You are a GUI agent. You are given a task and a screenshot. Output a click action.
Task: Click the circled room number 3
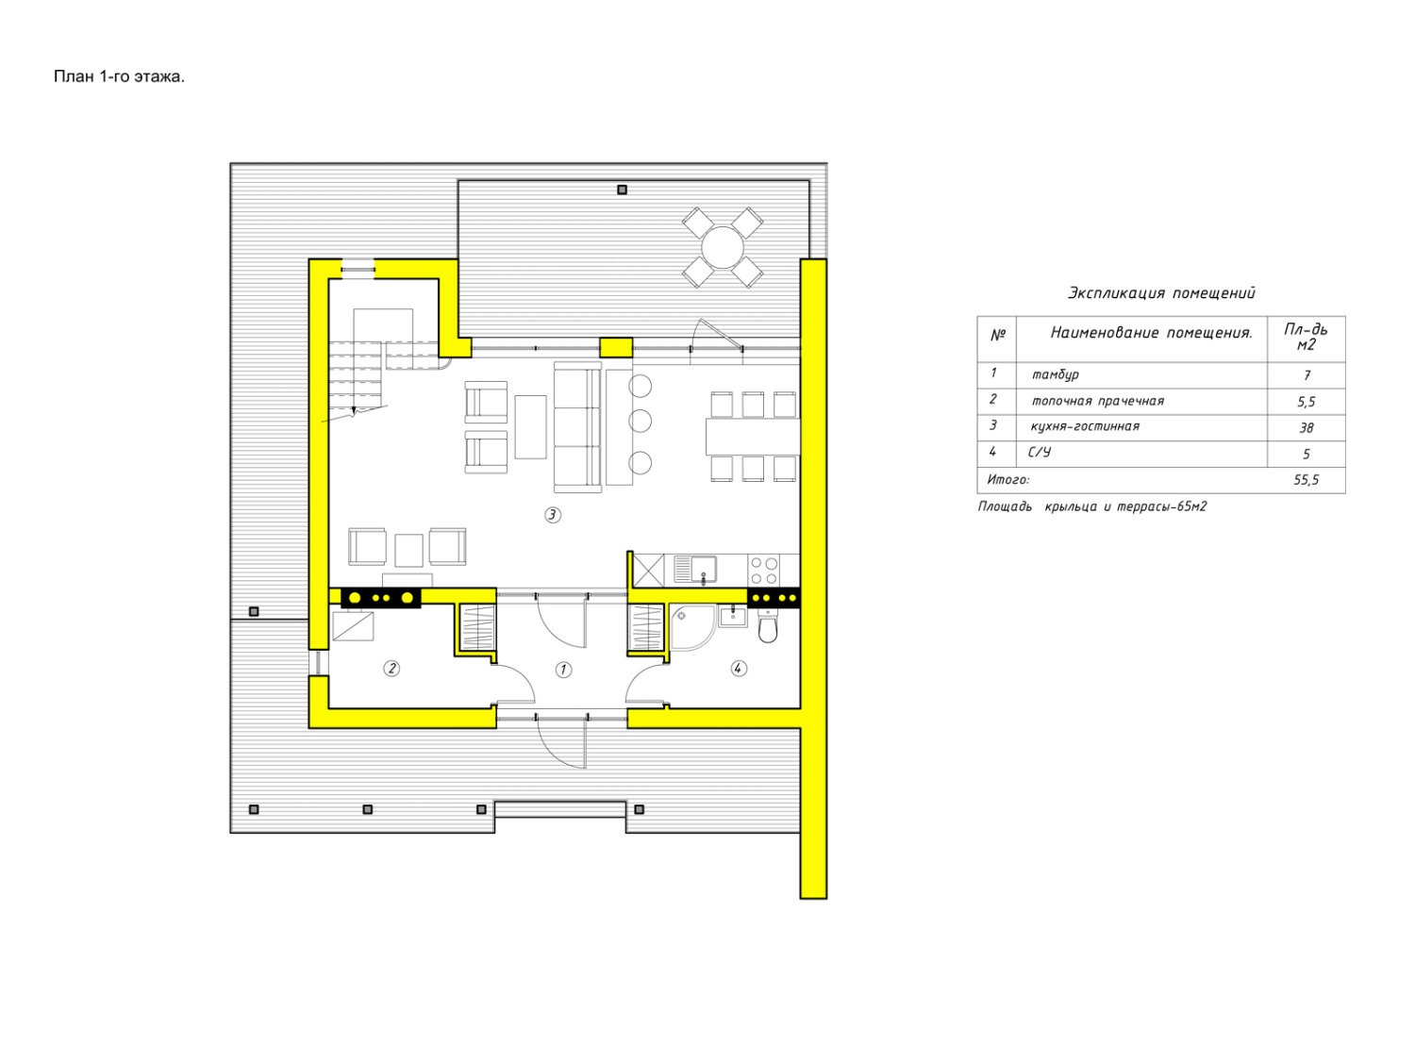pos(552,515)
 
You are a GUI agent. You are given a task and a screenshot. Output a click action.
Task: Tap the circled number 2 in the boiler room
pos(391,668)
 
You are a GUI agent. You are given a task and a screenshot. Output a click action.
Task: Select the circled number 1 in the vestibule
pos(563,670)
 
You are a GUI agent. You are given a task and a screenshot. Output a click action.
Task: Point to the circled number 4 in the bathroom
pos(738,668)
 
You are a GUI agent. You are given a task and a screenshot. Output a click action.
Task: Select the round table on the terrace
pos(722,247)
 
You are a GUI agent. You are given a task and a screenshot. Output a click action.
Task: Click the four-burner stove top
pos(764,571)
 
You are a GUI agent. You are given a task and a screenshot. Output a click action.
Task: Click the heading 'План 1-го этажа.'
pos(119,76)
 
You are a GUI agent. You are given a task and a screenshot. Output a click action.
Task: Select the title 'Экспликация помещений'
pos(1161,293)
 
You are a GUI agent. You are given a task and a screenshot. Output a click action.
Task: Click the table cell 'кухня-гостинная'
pos(1085,426)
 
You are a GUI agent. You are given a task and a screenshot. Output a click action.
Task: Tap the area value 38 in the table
pos(1307,428)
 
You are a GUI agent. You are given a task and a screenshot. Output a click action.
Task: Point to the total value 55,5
pos(1306,480)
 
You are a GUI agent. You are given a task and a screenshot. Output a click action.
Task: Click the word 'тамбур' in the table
pos(1056,374)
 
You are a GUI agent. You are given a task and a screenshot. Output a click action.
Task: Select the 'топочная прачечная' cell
pos(1098,401)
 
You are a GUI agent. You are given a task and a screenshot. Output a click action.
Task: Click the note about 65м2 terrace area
pos(1092,506)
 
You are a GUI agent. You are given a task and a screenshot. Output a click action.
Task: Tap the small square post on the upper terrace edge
pos(622,190)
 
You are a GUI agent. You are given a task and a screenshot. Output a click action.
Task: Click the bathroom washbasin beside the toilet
pos(732,616)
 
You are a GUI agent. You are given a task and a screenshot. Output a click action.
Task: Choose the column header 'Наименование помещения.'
pos(1152,332)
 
